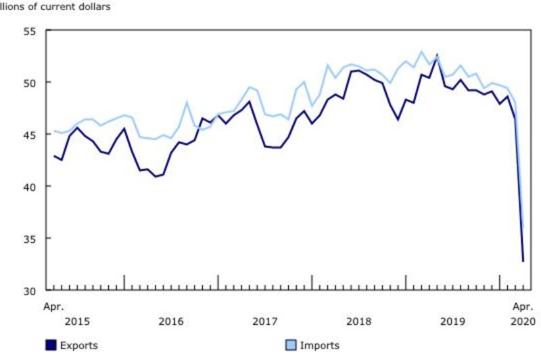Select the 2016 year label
171,321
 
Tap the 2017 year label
264,321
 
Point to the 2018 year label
358,321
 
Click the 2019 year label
452,321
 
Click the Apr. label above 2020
523,307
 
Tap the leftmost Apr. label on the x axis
54,307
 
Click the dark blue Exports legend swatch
51,346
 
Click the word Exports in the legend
78,346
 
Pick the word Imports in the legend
319,346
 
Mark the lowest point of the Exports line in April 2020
523,261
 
